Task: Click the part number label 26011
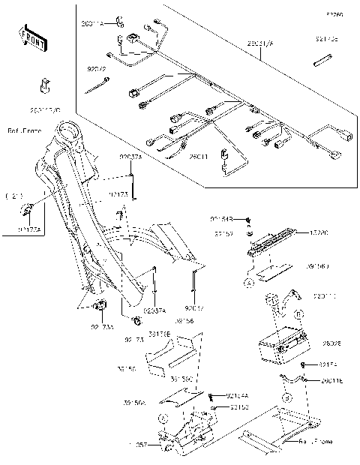tap(198, 157)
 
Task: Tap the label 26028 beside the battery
tap(331, 343)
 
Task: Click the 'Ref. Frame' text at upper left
tap(24, 129)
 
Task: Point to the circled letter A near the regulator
tap(247, 282)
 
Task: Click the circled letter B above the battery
tap(298, 314)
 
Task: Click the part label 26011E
tap(332, 381)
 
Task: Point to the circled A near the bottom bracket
tap(163, 419)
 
